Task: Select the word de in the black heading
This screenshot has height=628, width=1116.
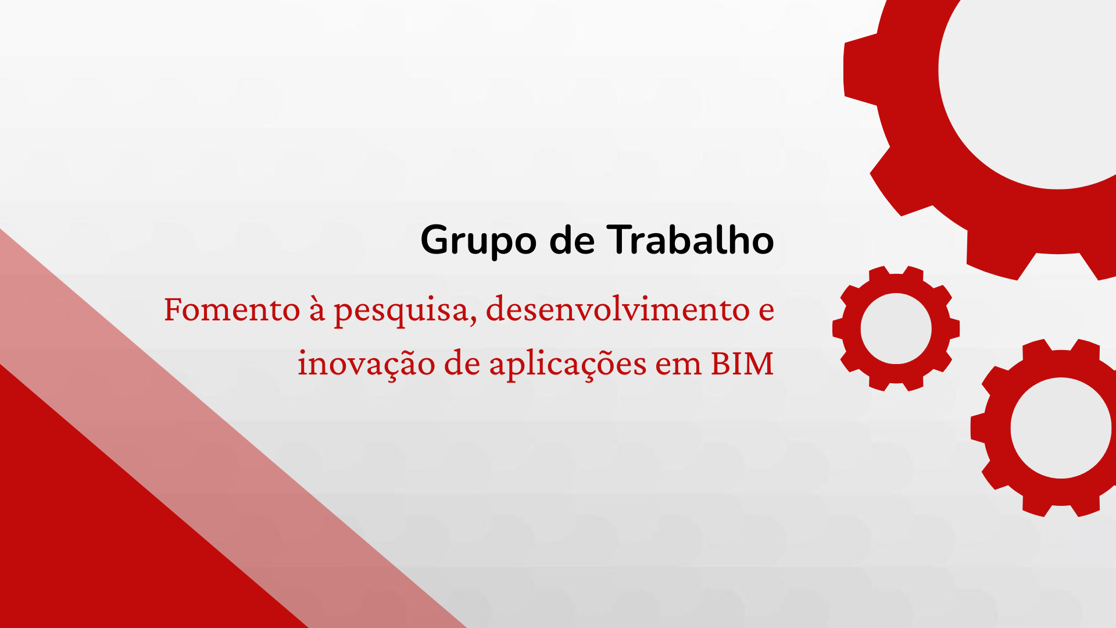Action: coord(572,239)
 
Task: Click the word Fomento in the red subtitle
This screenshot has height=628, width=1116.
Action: coord(232,309)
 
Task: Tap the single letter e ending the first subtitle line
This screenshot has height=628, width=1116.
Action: coord(767,311)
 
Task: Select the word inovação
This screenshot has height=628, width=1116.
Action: coord(366,363)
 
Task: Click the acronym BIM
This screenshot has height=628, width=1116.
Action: coord(742,363)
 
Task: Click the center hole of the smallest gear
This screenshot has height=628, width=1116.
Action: coord(896,329)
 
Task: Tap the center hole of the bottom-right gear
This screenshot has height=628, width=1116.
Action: coord(1061,428)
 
